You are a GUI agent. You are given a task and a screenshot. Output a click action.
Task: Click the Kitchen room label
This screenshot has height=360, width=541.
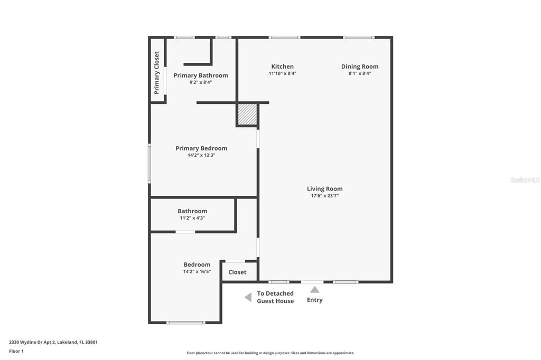click(x=282, y=67)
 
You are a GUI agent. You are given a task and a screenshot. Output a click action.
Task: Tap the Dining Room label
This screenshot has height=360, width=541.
click(x=359, y=67)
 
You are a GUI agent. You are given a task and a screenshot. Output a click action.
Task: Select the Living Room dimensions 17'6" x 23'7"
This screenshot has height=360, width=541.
click(x=324, y=196)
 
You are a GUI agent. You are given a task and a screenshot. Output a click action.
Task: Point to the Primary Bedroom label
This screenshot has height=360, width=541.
click(x=201, y=148)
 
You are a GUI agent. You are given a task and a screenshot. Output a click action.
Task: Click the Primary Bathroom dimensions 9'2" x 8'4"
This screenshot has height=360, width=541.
click(x=201, y=82)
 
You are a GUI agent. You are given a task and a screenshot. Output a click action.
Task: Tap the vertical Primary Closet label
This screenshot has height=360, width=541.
click(x=157, y=73)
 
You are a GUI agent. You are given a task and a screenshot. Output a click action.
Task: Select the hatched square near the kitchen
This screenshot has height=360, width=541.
click(x=247, y=115)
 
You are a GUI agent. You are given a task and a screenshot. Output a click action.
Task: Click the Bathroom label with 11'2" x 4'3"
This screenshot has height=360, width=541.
click(x=192, y=211)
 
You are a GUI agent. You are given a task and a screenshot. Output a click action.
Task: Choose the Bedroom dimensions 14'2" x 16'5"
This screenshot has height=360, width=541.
click(x=197, y=272)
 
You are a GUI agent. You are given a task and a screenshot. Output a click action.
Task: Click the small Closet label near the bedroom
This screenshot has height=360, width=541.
click(x=237, y=272)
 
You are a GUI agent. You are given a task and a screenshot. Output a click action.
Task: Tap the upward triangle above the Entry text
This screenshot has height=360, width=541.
click(x=314, y=289)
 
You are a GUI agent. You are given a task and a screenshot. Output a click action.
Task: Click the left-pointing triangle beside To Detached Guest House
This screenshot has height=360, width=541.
click(x=248, y=298)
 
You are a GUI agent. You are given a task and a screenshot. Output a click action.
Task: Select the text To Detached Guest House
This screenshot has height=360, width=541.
click(x=275, y=297)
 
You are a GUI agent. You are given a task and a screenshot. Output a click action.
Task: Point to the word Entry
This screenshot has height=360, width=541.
click(x=314, y=300)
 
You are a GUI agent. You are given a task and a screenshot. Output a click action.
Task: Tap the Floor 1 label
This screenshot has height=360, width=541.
click(x=16, y=351)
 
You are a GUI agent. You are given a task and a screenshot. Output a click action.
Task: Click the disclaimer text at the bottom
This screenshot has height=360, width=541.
click(x=270, y=353)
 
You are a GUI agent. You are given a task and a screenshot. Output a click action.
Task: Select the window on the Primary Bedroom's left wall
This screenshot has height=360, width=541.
click(x=150, y=164)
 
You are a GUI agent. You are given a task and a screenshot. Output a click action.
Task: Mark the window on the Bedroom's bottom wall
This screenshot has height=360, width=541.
click(x=185, y=322)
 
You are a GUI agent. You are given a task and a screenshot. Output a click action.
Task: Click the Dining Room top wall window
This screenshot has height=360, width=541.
click(x=359, y=37)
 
